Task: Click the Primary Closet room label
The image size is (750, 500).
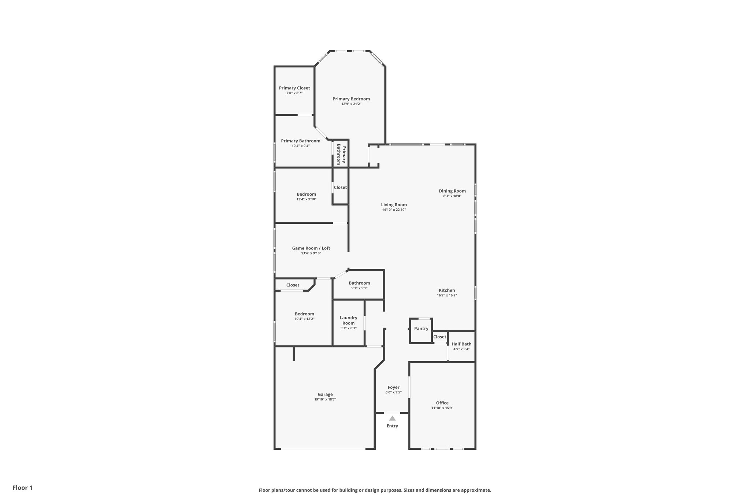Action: click(294, 88)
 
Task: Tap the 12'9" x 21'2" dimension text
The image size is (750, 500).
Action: click(351, 104)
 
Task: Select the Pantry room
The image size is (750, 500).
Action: click(421, 329)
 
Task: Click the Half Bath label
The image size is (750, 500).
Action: click(461, 344)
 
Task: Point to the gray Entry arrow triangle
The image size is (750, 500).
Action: click(392, 418)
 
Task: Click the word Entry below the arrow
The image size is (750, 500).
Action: click(392, 426)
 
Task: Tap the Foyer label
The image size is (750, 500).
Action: click(393, 387)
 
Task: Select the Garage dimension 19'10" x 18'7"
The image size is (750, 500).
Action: click(325, 400)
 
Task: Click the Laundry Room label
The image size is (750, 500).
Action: click(348, 321)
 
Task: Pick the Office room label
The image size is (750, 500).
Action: click(442, 403)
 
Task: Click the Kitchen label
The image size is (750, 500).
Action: click(447, 290)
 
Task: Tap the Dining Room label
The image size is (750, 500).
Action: click(452, 191)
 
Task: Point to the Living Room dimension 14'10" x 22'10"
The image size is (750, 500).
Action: click(394, 210)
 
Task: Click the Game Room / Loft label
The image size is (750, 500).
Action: click(311, 248)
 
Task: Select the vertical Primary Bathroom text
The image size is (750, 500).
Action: click(341, 155)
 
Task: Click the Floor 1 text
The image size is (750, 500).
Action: click(22, 488)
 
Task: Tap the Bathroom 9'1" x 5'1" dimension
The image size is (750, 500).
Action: click(359, 288)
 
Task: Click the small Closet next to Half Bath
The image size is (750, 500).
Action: click(439, 337)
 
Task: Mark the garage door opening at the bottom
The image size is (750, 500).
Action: click(323, 449)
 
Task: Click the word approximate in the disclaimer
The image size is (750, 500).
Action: click(475, 490)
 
